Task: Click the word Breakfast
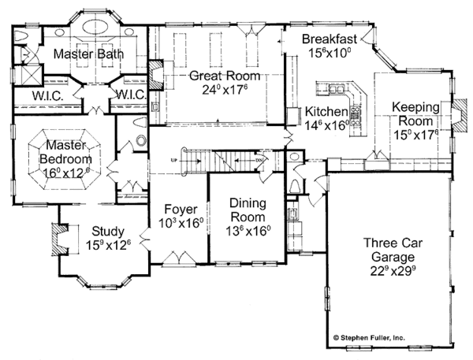(x=330, y=39)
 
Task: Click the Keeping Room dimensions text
(x=419, y=134)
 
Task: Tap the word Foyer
(x=181, y=209)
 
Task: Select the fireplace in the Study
(x=58, y=237)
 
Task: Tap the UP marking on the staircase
(x=173, y=159)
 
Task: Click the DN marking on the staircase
(x=261, y=160)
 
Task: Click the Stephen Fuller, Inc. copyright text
(x=402, y=336)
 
